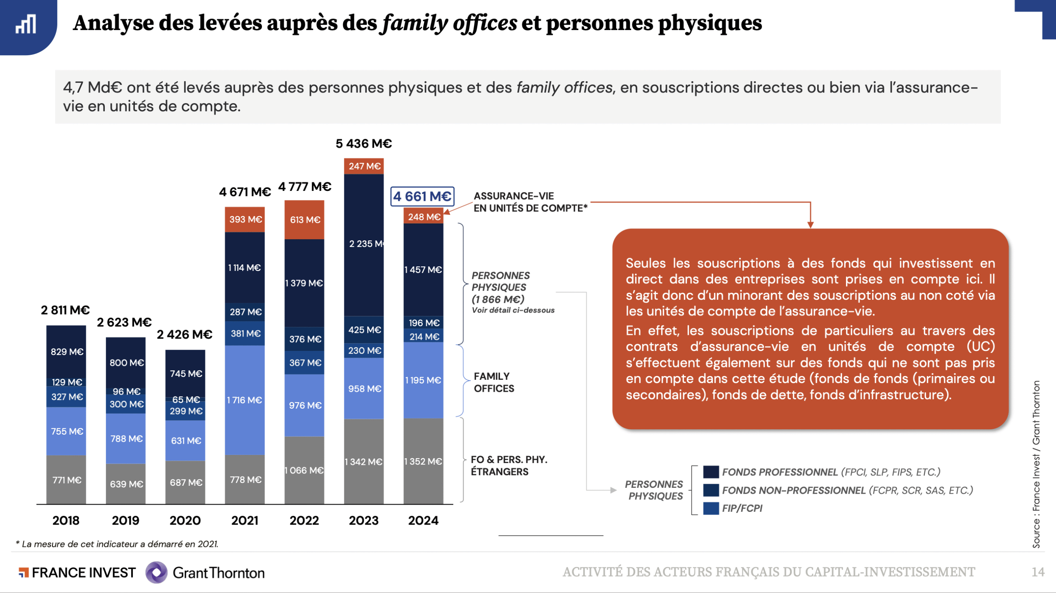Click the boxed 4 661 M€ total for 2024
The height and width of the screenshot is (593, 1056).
coord(422,196)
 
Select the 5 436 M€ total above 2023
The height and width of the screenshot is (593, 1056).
coord(363,144)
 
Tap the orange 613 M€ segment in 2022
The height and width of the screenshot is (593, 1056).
coord(304,220)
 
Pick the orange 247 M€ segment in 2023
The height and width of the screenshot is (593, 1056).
coord(364,166)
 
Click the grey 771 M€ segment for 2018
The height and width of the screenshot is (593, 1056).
coord(66,480)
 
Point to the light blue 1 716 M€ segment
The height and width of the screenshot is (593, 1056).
coord(245,400)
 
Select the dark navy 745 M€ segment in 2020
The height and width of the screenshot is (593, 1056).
coord(186,373)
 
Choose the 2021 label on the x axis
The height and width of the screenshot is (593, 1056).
coord(245,520)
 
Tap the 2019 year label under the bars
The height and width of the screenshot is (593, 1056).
coord(125,520)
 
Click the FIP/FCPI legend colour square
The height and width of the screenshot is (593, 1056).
coord(711,508)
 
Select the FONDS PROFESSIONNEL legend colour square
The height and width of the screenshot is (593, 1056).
coord(711,472)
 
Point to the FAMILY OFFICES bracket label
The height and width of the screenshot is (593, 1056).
coord(494,382)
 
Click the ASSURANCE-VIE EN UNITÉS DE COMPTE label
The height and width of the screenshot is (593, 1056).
coord(530,202)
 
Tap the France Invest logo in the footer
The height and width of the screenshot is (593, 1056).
coord(77,572)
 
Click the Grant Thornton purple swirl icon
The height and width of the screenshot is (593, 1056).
coord(156,572)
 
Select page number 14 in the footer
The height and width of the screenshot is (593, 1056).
coord(1038,572)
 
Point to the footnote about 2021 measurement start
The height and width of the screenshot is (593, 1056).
coord(117,544)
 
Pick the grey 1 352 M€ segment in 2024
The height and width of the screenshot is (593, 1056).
coord(423,461)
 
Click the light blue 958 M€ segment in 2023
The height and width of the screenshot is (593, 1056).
coord(364,388)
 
